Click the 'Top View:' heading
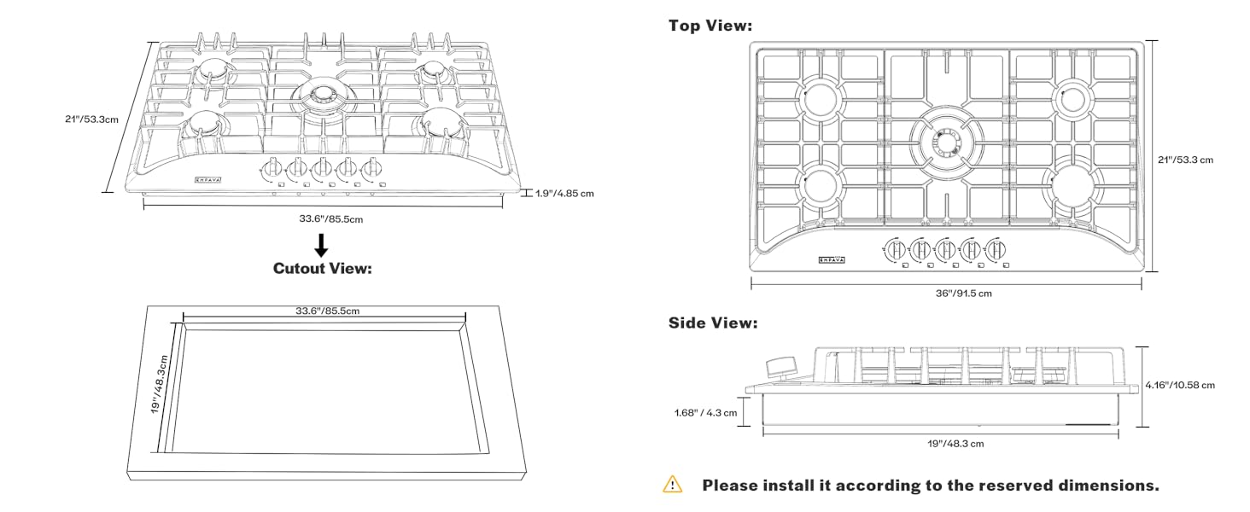pyautogui.click(x=710, y=26)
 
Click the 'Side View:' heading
pyautogui.click(x=712, y=323)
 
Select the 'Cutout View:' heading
pyautogui.click(x=322, y=268)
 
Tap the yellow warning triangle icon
pyautogui.click(x=673, y=485)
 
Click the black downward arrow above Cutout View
pyautogui.click(x=321, y=245)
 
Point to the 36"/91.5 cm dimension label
pyautogui.click(x=947, y=294)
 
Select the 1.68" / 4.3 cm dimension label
pyautogui.click(x=705, y=413)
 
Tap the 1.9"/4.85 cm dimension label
pyautogui.click(x=564, y=193)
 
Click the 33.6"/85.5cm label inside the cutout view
pyautogui.click(x=322, y=311)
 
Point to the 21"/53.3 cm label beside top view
pyautogui.click(x=1185, y=160)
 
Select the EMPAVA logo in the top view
pyautogui.click(x=831, y=259)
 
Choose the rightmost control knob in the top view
pyautogui.click(x=995, y=251)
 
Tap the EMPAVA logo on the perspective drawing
pyautogui.click(x=207, y=179)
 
